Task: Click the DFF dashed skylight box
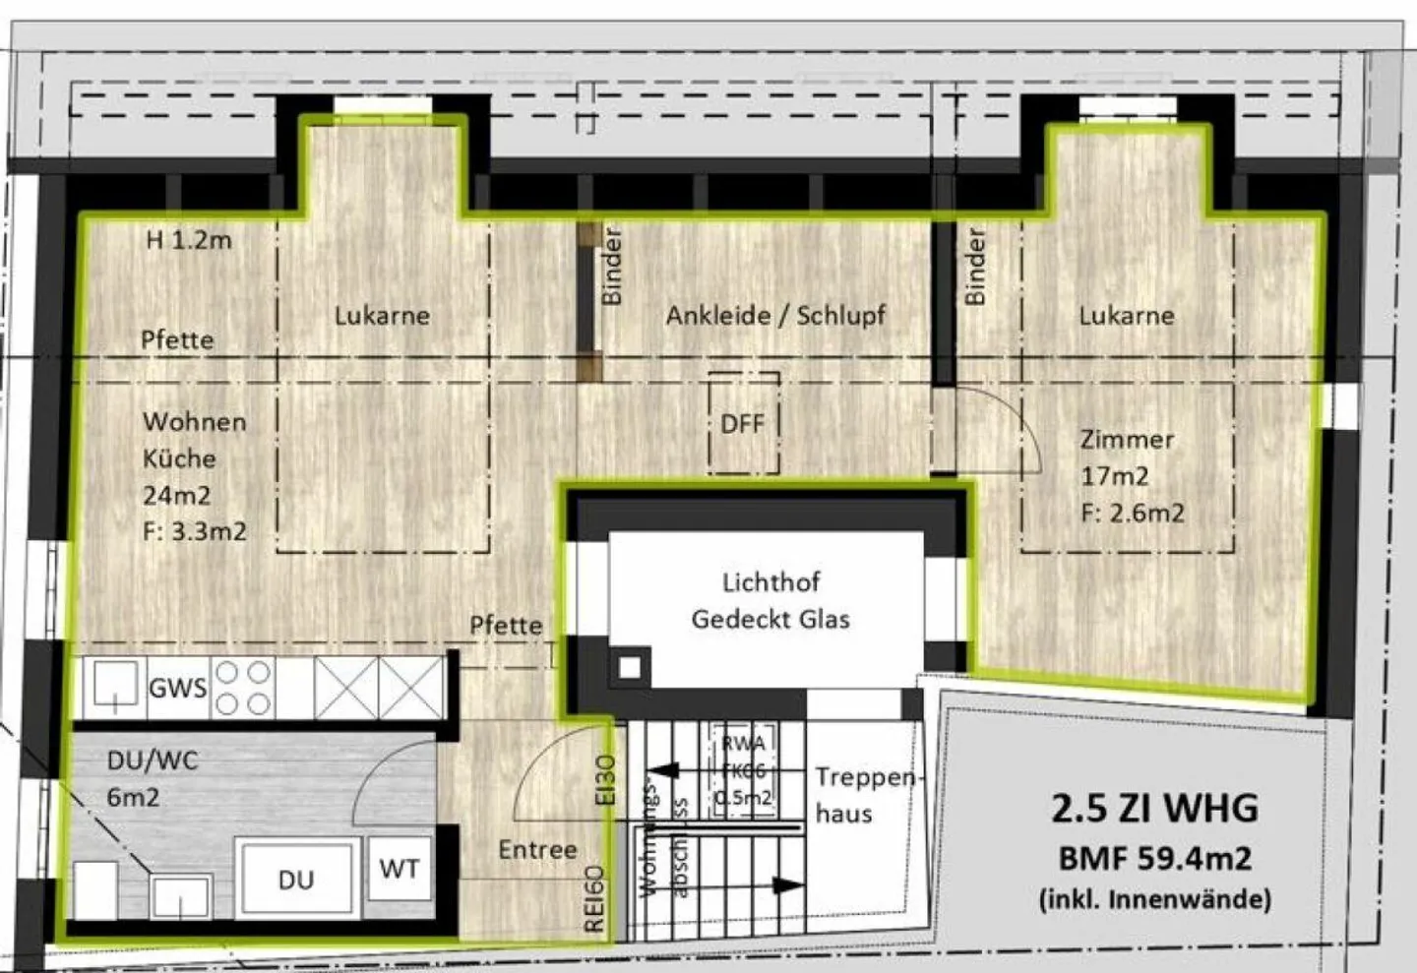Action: [x=744, y=423]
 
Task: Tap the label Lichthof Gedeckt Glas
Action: [x=770, y=600]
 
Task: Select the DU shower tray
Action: [x=295, y=879]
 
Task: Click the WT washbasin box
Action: [x=399, y=868]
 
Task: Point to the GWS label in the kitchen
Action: [x=177, y=687]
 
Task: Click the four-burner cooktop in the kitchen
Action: [x=243, y=687]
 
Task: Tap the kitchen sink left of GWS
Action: [x=115, y=685]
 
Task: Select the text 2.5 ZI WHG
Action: [x=1154, y=808]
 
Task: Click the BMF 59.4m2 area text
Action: [x=1154, y=858]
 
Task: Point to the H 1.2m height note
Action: [x=189, y=240]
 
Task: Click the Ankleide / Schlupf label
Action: [x=775, y=315]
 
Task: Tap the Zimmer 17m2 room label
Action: [x=1127, y=457]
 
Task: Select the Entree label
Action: [x=537, y=849]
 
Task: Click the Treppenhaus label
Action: [x=864, y=795]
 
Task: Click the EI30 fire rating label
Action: [x=606, y=779]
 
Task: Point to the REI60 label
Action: [x=594, y=898]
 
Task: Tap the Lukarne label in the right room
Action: [x=1126, y=315]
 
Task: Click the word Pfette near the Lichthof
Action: [x=506, y=625]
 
